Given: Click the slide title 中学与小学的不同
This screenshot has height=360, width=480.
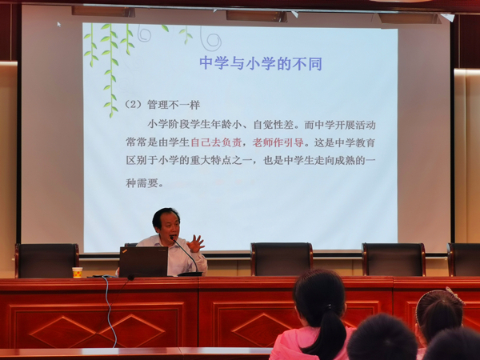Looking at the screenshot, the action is click(x=261, y=63).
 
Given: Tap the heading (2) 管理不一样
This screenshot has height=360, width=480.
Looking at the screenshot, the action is click(x=162, y=105).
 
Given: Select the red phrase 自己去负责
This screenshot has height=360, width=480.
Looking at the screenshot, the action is click(x=216, y=142).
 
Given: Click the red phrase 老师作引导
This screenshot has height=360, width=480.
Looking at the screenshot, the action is click(x=278, y=142).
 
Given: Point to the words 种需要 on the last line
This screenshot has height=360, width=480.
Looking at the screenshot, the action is click(x=142, y=183).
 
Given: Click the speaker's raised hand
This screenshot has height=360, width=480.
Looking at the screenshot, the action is click(x=195, y=243).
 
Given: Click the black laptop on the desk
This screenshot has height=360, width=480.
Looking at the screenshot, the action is click(x=143, y=262).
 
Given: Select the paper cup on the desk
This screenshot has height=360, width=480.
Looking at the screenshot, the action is click(x=78, y=273).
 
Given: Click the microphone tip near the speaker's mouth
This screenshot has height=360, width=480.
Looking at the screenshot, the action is click(x=172, y=238).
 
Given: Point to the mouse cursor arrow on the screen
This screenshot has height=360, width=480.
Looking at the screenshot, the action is click(x=59, y=24).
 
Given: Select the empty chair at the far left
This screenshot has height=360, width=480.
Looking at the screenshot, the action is click(x=47, y=261).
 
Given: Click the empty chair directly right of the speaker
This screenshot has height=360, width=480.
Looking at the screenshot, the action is click(x=282, y=259).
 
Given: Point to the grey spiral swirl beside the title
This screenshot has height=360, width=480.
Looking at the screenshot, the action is click(x=211, y=39).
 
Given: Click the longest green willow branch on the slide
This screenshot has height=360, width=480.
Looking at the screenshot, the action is click(x=110, y=70).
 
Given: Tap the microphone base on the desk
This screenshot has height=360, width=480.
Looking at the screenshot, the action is click(x=190, y=274).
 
